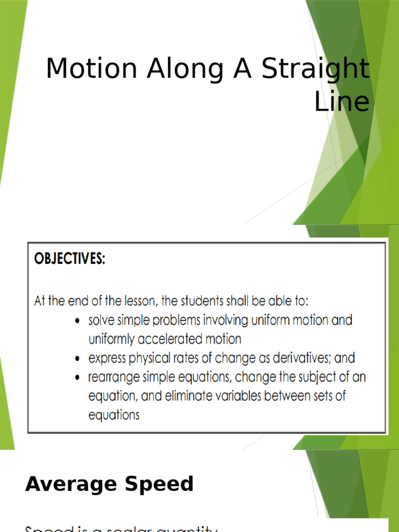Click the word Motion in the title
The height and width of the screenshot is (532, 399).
92,69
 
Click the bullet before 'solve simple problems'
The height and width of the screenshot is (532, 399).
77,321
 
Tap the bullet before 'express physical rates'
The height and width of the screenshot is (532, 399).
77,359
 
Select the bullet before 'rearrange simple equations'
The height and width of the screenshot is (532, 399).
77,378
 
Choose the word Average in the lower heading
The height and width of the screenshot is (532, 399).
71,485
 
